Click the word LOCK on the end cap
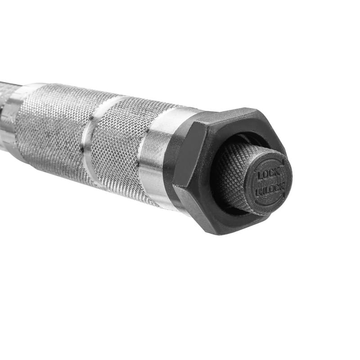pos(267,173)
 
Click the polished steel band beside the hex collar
pos(155,157)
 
